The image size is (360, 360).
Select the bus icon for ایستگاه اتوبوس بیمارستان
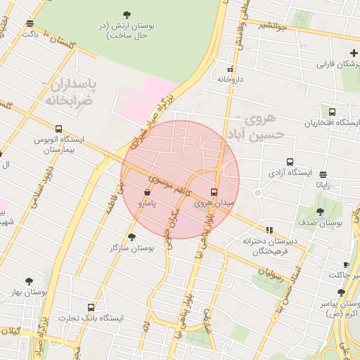[58, 129]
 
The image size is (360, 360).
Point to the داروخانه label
[230, 79]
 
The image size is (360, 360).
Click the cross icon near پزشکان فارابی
[354, 53]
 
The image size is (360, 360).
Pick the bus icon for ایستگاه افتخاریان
[332, 111]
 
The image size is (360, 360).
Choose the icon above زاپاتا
[323, 174]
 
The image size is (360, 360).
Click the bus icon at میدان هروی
[214, 192]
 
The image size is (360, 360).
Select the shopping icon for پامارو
[147, 192]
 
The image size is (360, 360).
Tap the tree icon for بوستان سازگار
[131, 237]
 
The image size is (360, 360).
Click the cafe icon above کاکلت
[345, 264]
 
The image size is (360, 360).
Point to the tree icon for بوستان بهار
[29, 281]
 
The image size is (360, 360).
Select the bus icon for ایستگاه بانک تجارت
[91, 307]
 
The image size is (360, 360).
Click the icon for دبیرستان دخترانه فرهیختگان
[269, 230]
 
